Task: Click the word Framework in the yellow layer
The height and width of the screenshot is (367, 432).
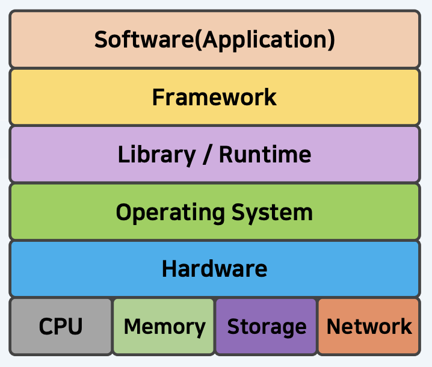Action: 214,97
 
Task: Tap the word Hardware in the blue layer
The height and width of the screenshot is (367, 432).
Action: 214,268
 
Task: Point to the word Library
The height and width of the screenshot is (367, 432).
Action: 156,155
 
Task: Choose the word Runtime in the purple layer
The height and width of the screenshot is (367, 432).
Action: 265,155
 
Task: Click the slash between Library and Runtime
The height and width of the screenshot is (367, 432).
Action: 207,155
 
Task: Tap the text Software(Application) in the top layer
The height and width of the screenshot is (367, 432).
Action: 214,40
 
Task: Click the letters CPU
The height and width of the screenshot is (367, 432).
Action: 61,327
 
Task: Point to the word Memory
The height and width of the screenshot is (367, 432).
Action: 164,327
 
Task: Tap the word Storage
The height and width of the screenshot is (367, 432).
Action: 266,327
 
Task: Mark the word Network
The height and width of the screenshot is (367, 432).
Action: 369,327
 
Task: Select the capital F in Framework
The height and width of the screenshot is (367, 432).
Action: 158,97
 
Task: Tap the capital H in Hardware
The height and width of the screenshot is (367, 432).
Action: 169,268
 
